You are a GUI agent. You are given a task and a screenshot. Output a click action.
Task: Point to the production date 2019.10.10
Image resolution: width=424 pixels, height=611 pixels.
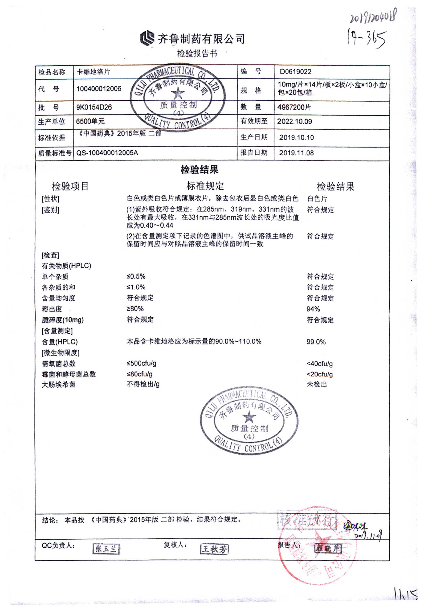click(x=296, y=137)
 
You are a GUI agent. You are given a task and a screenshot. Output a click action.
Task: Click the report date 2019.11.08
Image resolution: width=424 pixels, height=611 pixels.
click(x=296, y=153)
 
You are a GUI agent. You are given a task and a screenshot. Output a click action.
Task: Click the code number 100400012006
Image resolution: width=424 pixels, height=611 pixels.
click(x=99, y=89)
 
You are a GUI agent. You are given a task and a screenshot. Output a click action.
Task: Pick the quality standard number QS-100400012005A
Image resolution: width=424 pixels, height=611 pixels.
click(x=107, y=153)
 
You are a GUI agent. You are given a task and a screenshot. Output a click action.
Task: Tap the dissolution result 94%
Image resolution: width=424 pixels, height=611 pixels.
click(x=313, y=309)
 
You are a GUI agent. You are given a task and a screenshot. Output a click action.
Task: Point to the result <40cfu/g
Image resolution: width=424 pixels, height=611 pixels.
click(x=319, y=363)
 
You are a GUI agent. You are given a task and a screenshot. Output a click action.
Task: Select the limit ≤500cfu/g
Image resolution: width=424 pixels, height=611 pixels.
click(x=141, y=363)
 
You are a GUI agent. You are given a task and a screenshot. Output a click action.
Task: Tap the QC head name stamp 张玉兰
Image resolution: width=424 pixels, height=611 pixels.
click(x=106, y=549)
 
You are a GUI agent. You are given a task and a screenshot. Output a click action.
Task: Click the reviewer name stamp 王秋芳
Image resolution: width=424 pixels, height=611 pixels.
click(x=214, y=549)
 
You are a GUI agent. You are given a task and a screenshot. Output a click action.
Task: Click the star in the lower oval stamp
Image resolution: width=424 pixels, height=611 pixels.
click(x=249, y=417)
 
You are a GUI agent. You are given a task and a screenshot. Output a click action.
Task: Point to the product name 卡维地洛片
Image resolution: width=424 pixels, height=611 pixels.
click(x=93, y=72)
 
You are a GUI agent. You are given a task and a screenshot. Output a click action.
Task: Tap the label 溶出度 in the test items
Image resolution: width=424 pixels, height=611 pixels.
click(x=52, y=309)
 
